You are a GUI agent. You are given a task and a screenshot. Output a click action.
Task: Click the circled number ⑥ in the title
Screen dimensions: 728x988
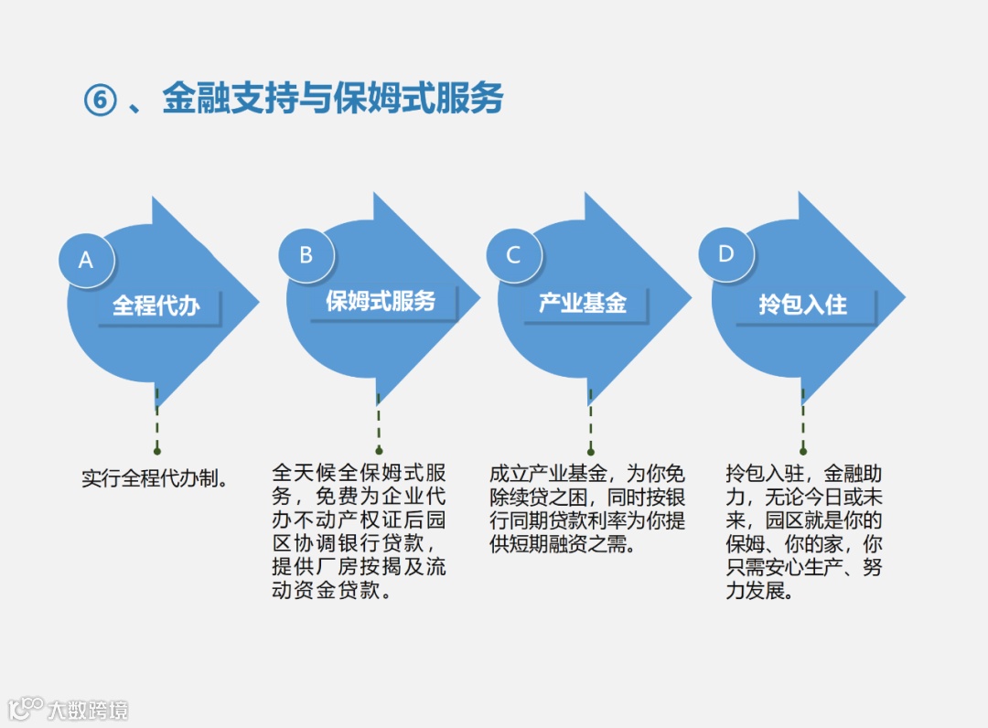coord(100,100)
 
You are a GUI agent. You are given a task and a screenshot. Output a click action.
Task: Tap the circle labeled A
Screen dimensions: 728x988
coord(86,260)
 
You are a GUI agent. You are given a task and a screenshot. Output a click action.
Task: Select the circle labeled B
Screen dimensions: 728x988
coord(306,255)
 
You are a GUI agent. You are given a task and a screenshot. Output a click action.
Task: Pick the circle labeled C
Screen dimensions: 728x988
coord(513,255)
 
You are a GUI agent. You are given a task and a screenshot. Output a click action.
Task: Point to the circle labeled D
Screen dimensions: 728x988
coord(726,253)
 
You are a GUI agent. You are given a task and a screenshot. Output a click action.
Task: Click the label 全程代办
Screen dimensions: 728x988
coord(156,305)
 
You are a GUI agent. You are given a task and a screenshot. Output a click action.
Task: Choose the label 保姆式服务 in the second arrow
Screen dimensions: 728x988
coord(381,301)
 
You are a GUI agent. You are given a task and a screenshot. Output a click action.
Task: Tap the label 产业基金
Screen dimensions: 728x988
coord(583,304)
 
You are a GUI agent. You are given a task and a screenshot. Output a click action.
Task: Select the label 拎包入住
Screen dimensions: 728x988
coord(802,305)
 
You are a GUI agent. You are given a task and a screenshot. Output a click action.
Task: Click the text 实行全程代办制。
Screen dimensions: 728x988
coord(155,477)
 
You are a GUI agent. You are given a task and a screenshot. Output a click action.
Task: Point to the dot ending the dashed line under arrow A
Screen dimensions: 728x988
coord(157,451)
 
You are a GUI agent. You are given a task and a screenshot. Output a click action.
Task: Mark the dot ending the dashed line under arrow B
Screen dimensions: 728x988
coord(379,451)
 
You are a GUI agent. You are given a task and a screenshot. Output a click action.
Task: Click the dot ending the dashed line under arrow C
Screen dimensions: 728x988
coord(591,451)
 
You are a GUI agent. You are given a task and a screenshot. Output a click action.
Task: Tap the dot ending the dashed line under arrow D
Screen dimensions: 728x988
coord(803,451)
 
